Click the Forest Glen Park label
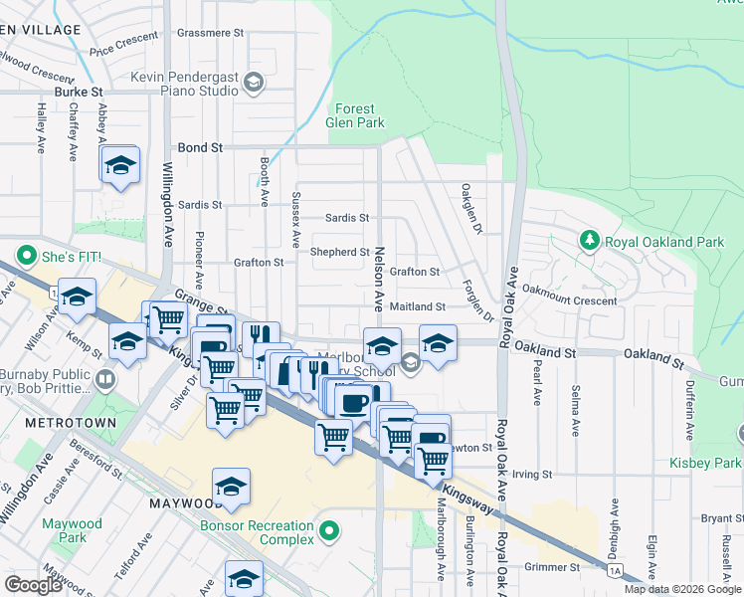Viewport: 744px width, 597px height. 355,116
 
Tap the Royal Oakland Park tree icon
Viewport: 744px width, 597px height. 590,241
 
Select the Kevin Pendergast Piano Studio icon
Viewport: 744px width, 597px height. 254,83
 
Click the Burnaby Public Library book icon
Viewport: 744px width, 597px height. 105,378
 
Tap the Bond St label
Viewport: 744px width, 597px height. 200,147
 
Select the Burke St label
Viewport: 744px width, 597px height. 80,92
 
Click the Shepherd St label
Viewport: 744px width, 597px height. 340,253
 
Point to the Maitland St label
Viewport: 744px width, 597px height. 417,307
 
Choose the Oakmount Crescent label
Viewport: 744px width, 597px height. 570,299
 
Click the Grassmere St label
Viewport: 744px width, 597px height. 210,33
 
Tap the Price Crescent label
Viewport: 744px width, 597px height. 123,44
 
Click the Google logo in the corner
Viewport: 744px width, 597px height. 34,585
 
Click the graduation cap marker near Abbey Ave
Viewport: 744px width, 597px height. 120,165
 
